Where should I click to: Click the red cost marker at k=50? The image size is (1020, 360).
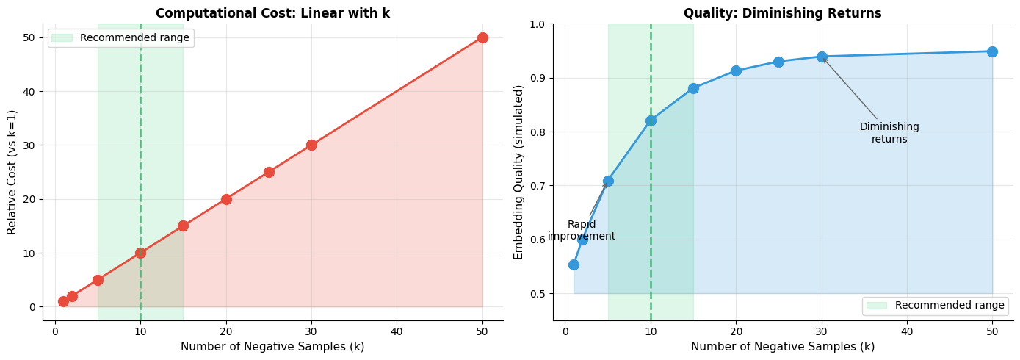coord(482,37)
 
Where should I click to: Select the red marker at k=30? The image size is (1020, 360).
coord(311,145)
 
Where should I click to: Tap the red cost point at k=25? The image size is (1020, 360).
coord(269,172)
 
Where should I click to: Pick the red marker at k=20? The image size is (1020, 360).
coord(226,199)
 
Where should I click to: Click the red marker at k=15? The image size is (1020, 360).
coord(183,226)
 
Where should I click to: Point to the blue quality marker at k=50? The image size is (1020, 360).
coord(992,51)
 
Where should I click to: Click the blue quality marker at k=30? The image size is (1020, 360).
coord(822,57)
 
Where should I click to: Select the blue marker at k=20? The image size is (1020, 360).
coord(736,71)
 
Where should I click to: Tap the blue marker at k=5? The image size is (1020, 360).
coord(608,181)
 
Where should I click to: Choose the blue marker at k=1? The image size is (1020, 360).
coord(574,264)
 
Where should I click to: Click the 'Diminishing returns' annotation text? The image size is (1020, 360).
coord(889,133)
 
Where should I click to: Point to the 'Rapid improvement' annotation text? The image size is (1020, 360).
coord(582,230)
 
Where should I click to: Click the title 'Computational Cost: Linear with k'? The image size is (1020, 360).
coord(272,13)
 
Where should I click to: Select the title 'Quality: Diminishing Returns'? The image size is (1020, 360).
coord(782,13)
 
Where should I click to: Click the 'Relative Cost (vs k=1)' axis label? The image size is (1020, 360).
coord(12,172)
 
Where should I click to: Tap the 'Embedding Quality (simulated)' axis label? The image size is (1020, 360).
coord(519,172)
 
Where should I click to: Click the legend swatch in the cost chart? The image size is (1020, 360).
coord(62,37)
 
